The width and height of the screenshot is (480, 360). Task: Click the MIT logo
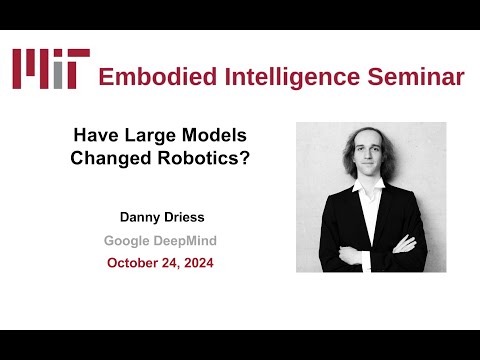coord(51,68)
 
